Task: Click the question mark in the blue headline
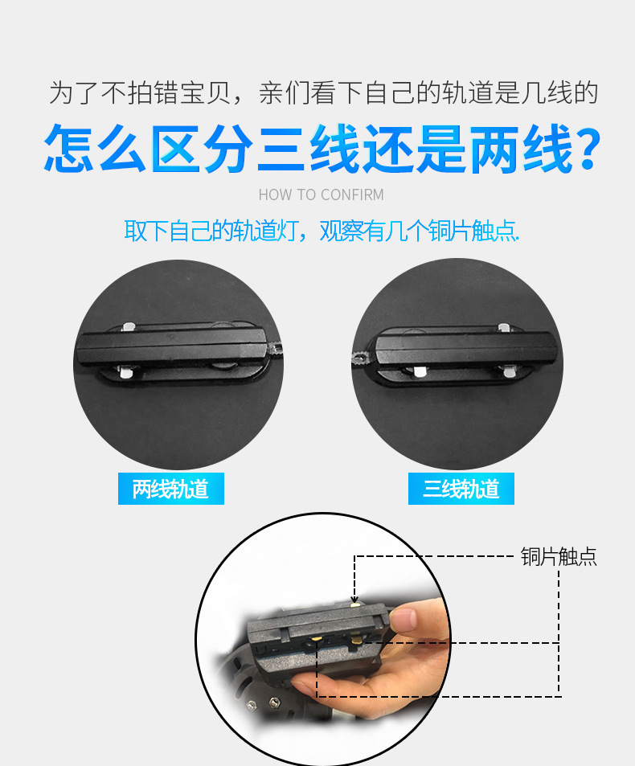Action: pyautogui.click(x=589, y=148)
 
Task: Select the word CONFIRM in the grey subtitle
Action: pyautogui.click(x=352, y=195)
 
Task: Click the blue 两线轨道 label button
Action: pyautogui.click(x=170, y=489)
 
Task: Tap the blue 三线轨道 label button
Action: pyautogui.click(x=461, y=489)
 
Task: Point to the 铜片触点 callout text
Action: pyautogui.click(x=559, y=557)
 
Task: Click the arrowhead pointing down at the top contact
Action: pyautogui.click(x=354, y=598)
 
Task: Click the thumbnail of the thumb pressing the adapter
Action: pyautogui.click(x=414, y=619)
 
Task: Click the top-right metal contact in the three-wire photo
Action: pyautogui.click(x=504, y=328)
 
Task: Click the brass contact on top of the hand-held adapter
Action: pyautogui.click(x=354, y=604)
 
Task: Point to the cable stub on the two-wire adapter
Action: pyautogui.click(x=275, y=349)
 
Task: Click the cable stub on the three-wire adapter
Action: pyautogui.click(x=362, y=358)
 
